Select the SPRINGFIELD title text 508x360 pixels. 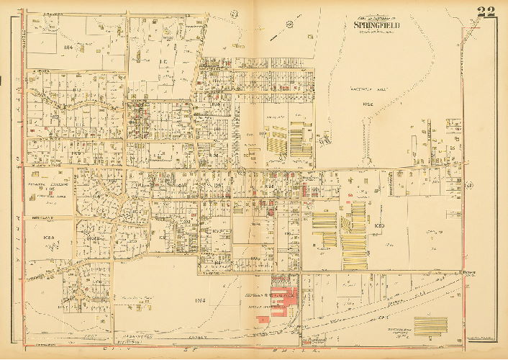[376, 25]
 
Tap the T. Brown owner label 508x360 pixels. [470, 273]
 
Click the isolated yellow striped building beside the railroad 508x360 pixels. [430, 326]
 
